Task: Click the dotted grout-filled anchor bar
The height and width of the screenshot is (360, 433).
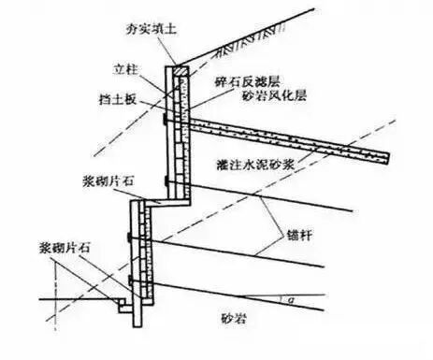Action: click(281, 131)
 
